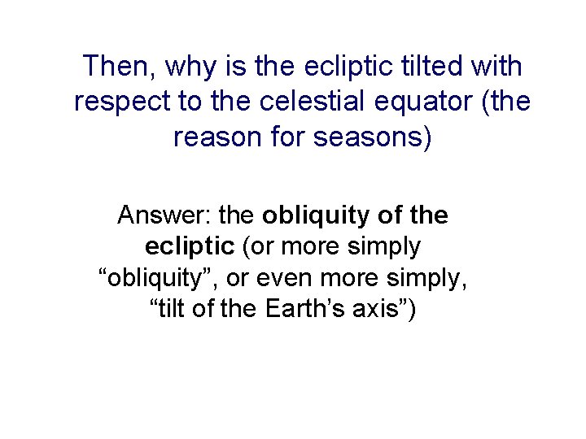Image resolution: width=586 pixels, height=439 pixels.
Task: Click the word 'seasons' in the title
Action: pos(375,137)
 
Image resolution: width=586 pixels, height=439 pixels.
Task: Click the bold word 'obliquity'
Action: pos(317,215)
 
